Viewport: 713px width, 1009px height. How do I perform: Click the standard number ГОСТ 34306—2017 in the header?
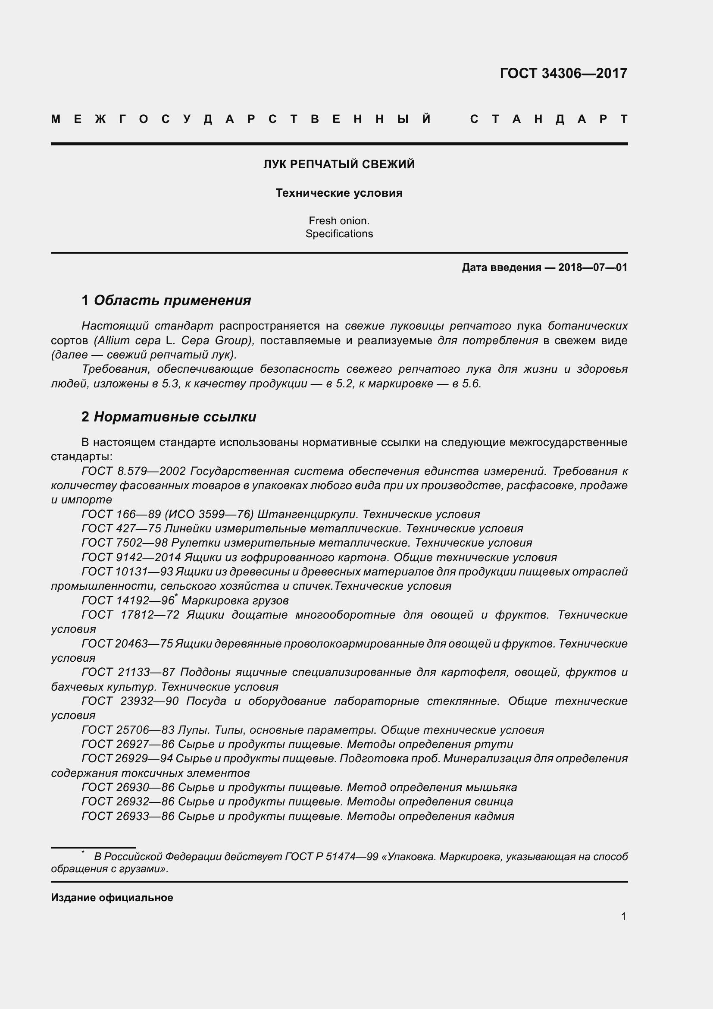pos(563,73)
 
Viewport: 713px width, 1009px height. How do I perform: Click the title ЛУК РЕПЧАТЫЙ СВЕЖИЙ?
pos(339,164)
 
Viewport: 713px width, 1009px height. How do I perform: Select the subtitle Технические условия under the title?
pos(339,193)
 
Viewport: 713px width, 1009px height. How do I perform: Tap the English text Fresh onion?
pos(339,220)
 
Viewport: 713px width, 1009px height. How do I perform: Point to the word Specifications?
pos(339,234)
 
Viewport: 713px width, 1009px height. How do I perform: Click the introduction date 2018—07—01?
pos(592,267)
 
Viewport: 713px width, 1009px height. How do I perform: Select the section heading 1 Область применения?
pos(166,300)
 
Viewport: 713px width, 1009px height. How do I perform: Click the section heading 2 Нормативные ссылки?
pos(169,417)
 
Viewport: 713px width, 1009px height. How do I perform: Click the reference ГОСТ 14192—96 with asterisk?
pos(129,600)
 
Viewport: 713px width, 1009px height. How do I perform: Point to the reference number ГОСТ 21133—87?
pos(128,672)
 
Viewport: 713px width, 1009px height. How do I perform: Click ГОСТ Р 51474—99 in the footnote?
pos(331,857)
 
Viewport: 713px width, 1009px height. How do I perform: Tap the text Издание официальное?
pos(112,898)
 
